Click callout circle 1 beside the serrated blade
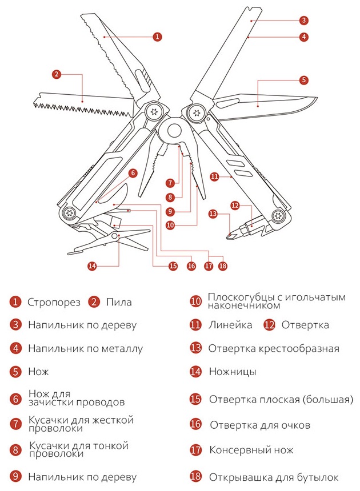point(157,37)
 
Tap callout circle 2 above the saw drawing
point(57,74)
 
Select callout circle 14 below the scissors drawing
point(92,266)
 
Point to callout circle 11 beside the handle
point(214,176)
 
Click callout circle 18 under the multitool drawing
point(222,266)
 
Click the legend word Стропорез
point(54,303)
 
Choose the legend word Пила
point(119,302)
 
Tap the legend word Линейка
point(230,325)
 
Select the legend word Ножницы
point(233,372)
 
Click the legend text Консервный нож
point(251,450)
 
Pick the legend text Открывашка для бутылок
point(274,477)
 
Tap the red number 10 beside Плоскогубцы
point(195,301)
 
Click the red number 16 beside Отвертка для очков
point(195,424)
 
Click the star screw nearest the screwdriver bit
point(278,215)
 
